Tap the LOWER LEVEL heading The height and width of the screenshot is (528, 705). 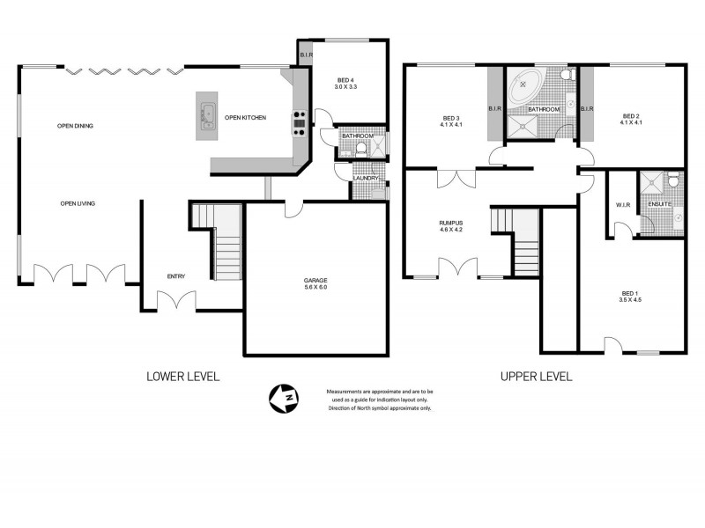pyautogui.click(x=182, y=376)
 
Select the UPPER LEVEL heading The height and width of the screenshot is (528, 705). pyautogui.click(x=536, y=376)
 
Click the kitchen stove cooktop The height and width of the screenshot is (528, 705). pyautogui.click(x=299, y=123)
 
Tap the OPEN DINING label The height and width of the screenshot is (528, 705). pyautogui.click(x=76, y=126)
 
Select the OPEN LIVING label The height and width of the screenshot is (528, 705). pyautogui.click(x=78, y=203)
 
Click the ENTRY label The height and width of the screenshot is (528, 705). pyautogui.click(x=176, y=276)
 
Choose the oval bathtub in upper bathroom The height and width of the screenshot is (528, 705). pyautogui.click(x=525, y=84)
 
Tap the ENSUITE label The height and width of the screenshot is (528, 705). pyautogui.click(x=659, y=205)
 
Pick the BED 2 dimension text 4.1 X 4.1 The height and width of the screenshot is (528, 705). pyautogui.click(x=630, y=123)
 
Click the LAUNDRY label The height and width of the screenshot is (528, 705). pyautogui.click(x=365, y=179)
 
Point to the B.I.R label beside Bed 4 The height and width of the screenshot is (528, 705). pyautogui.click(x=305, y=55)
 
